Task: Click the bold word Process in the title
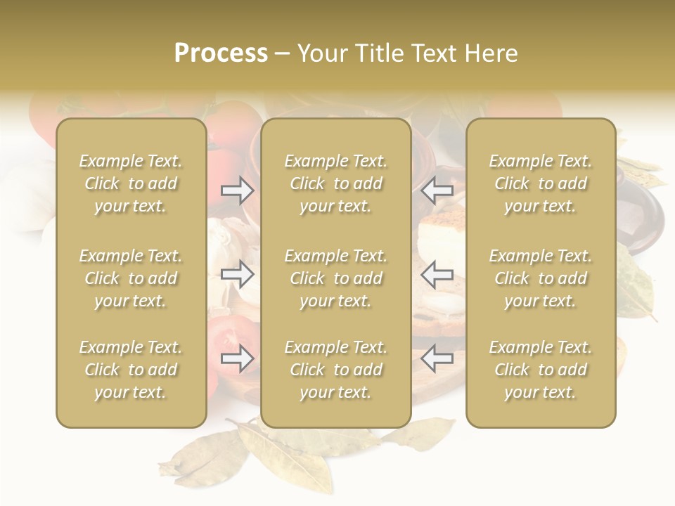(x=221, y=53)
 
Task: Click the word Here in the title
(x=490, y=53)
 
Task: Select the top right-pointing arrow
(x=238, y=190)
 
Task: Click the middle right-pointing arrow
(x=238, y=273)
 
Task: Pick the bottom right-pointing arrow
(x=238, y=358)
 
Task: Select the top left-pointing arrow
(x=437, y=190)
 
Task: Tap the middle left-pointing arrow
(x=437, y=273)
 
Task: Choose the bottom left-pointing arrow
(x=437, y=358)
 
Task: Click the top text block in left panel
(x=131, y=183)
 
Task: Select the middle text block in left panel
(x=131, y=278)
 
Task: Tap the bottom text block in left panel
(x=131, y=370)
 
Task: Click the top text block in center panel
(x=336, y=183)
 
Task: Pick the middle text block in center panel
(x=336, y=278)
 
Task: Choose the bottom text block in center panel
(x=336, y=370)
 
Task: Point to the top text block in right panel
(x=541, y=183)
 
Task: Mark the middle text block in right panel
(x=541, y=278)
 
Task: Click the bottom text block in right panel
(x=541, y=370)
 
